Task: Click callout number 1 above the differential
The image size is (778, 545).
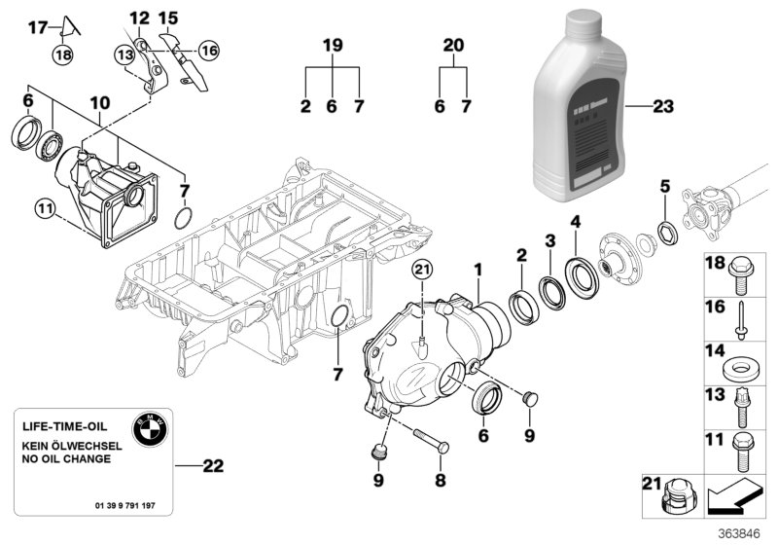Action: (477, 268)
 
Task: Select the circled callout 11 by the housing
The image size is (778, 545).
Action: (44, 205)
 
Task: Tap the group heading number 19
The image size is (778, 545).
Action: (332, 45)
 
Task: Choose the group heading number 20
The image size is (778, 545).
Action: (453, 45)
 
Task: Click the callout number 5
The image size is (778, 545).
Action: (665, 184)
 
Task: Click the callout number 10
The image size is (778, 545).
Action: (100, 102)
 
